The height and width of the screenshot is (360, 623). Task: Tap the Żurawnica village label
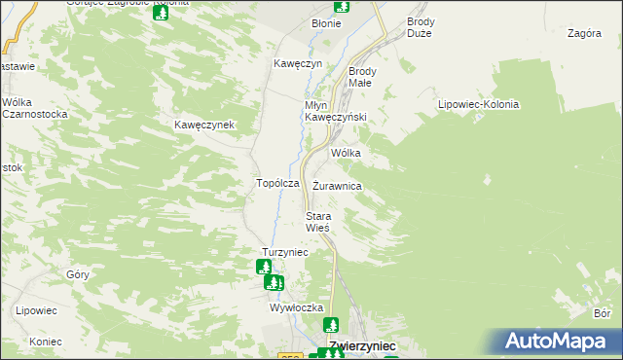pos(338,185)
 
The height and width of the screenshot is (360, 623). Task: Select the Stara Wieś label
pos(319,221)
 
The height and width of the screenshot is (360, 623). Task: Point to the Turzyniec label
pos(285,252)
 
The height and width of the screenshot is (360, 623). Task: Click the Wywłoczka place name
pos(296,306)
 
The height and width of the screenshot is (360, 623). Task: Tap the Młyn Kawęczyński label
pos(335,111)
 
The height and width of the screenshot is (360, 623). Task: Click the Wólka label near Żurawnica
pos(347,154)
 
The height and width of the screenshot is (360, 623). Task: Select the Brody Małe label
pos(368,77)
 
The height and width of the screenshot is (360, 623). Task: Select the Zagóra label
pos(583,33)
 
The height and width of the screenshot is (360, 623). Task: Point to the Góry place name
pos(78,274)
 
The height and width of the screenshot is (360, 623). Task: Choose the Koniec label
pos(45,342)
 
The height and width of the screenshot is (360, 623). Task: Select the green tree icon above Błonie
pos(341,5)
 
